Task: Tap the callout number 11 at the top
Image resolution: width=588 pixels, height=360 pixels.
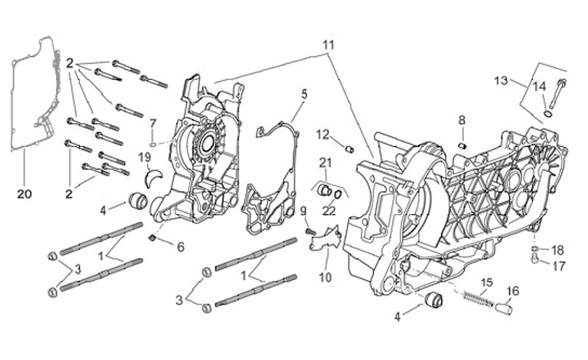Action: (327, 43)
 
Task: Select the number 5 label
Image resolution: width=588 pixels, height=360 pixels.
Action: (304, 94)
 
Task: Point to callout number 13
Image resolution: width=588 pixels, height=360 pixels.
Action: (501, 80)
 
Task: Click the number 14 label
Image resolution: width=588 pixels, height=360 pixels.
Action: (539, 87)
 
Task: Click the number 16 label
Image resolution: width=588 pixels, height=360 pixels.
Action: (513, 291)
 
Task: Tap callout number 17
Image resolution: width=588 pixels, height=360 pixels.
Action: (558, 266)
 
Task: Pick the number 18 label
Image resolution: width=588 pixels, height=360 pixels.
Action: (558, 250)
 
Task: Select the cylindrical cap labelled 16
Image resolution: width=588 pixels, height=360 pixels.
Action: (505, 309)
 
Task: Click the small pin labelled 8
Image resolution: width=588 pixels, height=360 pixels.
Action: (462, 145)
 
